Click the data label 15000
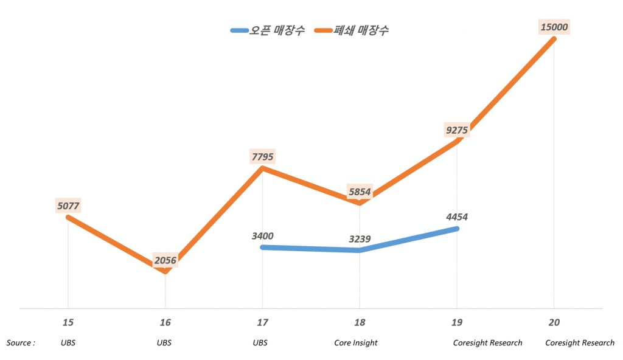[554, 27]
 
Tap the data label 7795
[262, 157]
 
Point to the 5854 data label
[360, 192]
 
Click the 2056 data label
[165, 261]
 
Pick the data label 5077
[68, 206]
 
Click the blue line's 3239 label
[360, 239]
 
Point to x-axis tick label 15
[68, 322]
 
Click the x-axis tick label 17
[262, 322]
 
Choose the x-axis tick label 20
[554, 322]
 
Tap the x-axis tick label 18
[360, 322]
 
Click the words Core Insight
[356, 343]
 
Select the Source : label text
[21, 343]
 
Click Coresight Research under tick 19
[487, 343]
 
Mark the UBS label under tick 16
[164, 343]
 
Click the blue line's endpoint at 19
[456, 229]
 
